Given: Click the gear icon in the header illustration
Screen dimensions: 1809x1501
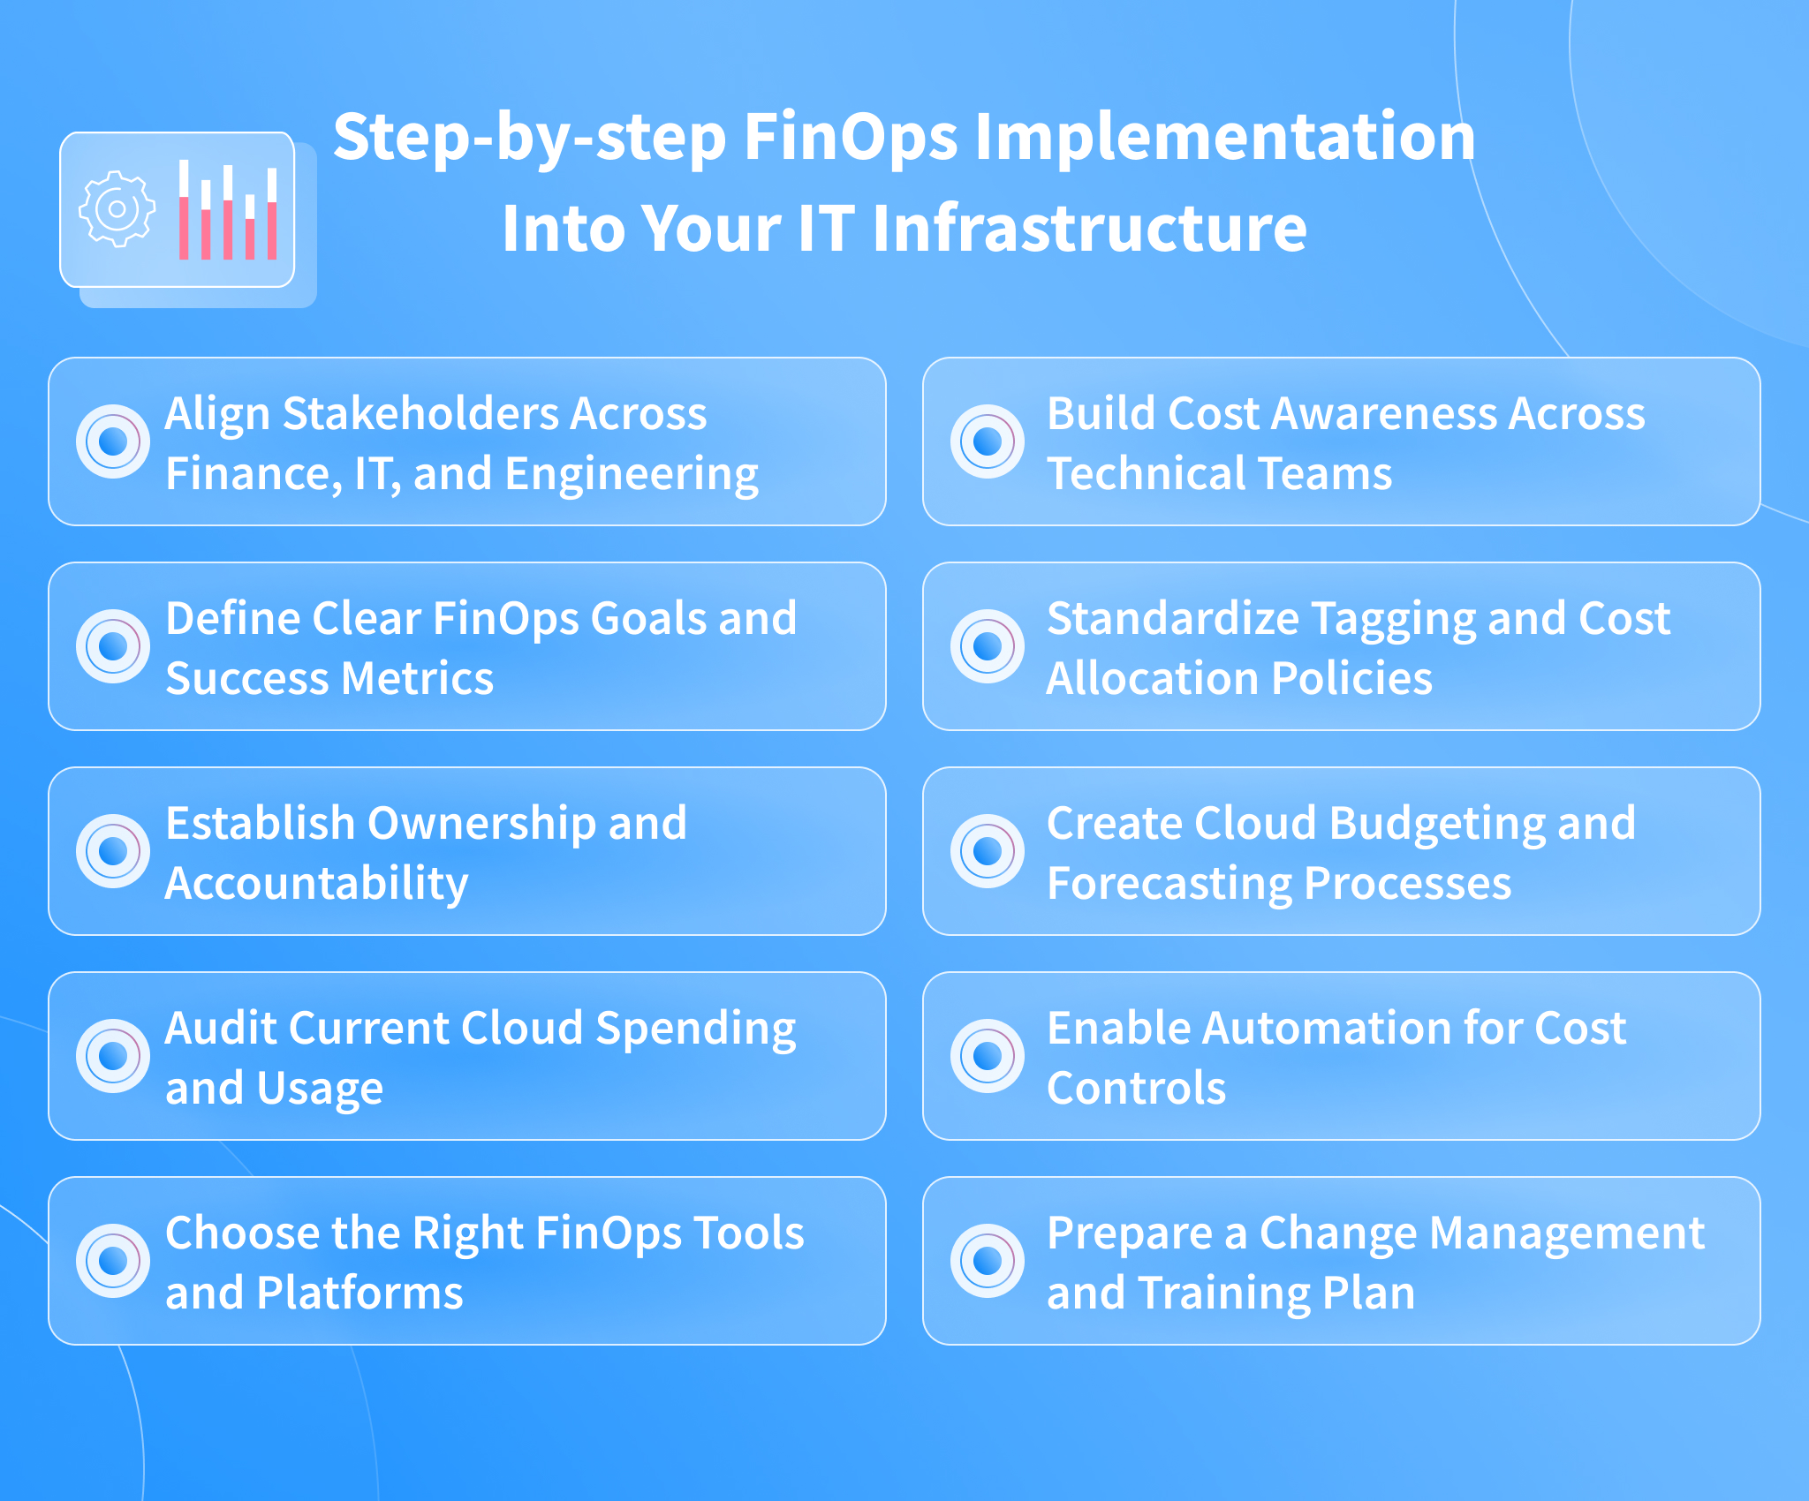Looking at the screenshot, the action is (117, 209).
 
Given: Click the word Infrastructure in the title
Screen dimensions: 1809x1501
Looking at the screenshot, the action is (1089, 228).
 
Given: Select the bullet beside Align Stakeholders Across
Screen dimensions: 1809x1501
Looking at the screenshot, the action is (113, 441).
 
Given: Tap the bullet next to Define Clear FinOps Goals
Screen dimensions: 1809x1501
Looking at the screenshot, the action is (113, 646).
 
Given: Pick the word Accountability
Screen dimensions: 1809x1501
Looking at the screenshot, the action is (316, 885).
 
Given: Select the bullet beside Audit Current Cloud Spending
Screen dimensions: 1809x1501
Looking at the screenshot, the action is (113, 1056).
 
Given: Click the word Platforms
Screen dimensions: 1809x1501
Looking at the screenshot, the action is (360, 1293).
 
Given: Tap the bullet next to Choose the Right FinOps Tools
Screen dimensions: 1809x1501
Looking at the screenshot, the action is (113, 1261).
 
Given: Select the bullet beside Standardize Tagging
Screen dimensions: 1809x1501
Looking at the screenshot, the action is (988, 646).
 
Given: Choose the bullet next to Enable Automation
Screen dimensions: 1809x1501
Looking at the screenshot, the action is (988, 1056).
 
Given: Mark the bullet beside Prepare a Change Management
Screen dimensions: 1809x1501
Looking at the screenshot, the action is (988, 1261).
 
